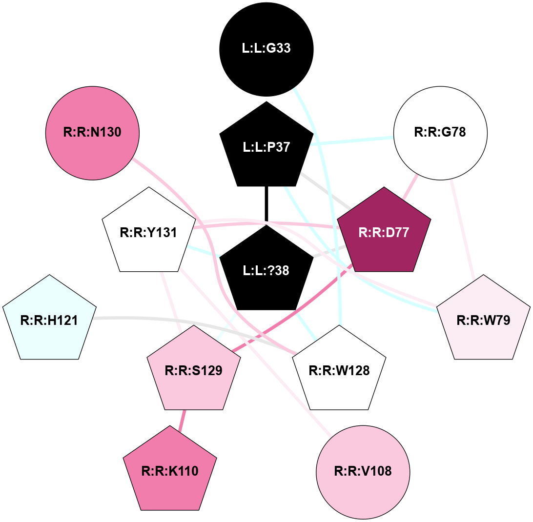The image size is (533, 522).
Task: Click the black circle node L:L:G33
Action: click(266, 49)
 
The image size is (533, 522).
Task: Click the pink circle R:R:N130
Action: click(92, 132)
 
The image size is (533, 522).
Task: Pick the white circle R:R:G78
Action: click(440, 132)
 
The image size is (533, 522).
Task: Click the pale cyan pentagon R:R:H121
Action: click(49, 320)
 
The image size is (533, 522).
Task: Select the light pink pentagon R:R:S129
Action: click(194, 371)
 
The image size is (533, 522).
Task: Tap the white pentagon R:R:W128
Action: click(339, 371)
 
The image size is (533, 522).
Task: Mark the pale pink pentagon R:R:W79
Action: click(483, 320)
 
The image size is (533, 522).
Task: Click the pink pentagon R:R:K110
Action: click(170, 471)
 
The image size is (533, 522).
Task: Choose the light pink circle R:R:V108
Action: click(363, 471)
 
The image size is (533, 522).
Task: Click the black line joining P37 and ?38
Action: click(266, 205)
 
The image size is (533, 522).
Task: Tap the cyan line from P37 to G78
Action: click(351, 140)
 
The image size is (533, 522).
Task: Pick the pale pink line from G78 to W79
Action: click(463, 229)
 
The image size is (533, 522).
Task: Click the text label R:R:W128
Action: click(339, 371)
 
